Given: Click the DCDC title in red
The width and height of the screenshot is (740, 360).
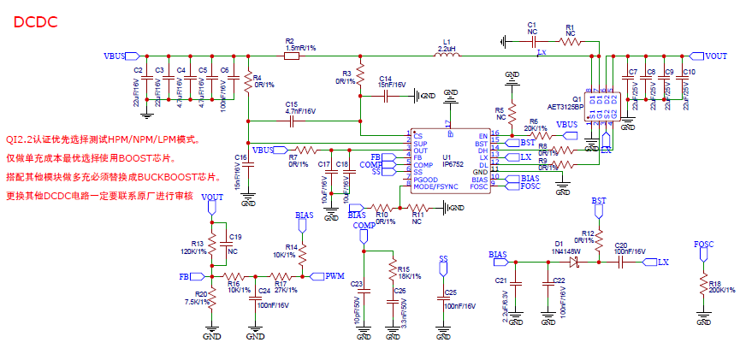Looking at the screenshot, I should [x=35, y=22].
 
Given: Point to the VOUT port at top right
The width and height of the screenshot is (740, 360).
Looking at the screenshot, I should [x=710, y=56].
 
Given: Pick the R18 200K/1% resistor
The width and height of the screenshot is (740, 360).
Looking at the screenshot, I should [x=703, y=285].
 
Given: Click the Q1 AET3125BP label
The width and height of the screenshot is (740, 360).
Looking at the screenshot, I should [x=566, y=104].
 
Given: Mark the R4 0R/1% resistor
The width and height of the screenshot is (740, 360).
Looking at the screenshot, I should [x=248, y=81].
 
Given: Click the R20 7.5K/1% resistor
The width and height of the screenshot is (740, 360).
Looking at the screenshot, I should [x=210, y=300].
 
